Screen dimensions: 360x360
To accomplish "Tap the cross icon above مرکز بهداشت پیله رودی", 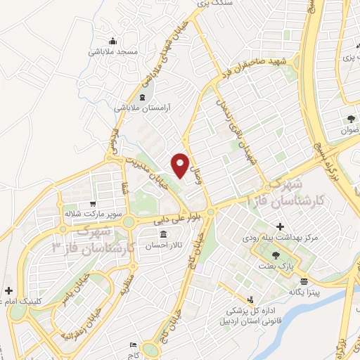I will pos(281,226).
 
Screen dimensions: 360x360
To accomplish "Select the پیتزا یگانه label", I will pos(304,292).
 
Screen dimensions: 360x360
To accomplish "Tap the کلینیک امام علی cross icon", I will pos(8,290).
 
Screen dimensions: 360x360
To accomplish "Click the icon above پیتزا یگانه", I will pos(304,280).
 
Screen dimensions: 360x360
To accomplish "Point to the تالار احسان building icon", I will pos(163,234).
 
